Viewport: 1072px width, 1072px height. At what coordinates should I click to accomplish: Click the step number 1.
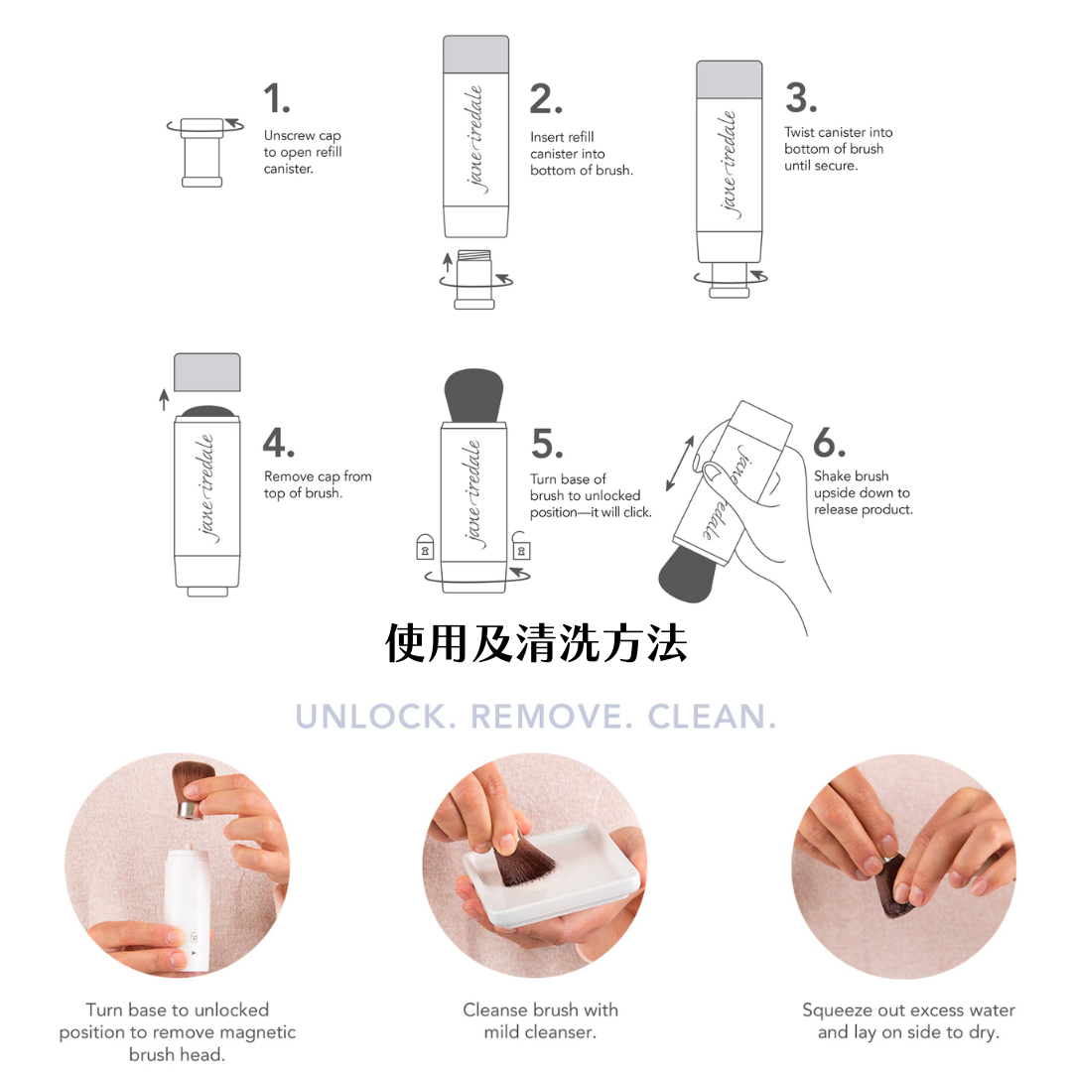276,99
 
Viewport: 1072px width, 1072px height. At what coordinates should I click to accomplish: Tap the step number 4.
278,442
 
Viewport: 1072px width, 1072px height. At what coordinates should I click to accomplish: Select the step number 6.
830,442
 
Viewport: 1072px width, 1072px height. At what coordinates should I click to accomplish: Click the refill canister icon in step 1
202,151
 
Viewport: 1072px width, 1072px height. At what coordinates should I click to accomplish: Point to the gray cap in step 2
475,53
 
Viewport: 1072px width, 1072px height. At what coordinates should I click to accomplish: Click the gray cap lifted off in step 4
206,372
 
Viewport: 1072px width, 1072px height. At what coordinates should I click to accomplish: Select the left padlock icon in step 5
425,546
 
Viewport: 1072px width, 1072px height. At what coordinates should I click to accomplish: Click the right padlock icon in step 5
521,546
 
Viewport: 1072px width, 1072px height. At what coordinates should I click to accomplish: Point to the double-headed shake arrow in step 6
680,463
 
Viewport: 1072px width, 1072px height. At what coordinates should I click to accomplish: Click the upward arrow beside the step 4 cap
164,399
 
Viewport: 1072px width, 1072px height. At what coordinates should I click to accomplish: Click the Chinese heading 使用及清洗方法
536,643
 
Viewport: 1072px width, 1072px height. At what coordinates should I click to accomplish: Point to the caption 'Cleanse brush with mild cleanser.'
540,1020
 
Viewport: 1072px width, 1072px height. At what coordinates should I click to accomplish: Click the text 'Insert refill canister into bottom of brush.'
581,154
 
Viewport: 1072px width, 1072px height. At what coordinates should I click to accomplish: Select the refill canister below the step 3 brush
731,278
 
